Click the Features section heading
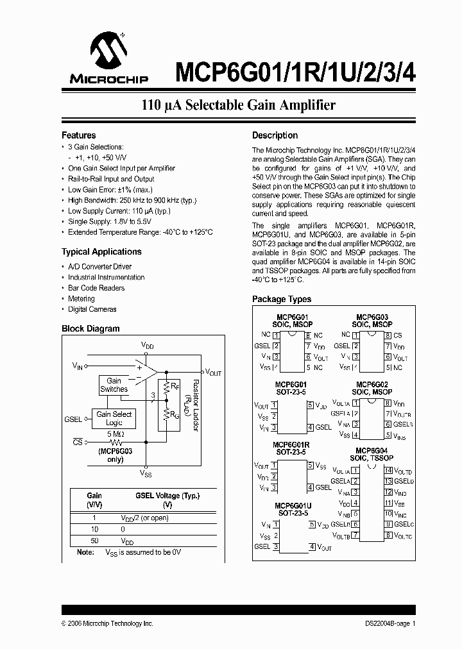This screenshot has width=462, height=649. (x=78, y=135)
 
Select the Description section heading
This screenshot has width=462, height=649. (x=275, y=135)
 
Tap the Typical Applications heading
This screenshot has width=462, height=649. (x=101, y=252)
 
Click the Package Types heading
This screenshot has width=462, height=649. (x=282, y=299)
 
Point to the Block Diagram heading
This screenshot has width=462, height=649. (x=90, y=329)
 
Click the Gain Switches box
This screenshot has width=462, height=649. (x=114, y=385)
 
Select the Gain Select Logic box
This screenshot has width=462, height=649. (x=114, y=418)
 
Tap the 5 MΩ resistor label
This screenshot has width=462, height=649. (x=116, y=434)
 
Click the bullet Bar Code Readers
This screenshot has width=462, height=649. (x=96, y=288)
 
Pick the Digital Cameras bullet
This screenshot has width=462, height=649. (x=92, y=309)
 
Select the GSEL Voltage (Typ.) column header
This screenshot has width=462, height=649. (x=167, y=496)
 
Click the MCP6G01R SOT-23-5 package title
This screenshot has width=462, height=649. (x=292, y=448)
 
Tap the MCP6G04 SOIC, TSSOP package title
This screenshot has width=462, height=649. (x=372, y=455)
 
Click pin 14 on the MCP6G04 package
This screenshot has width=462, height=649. (x=388, y=471)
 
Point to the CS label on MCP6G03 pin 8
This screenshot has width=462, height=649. (x=398, y=335)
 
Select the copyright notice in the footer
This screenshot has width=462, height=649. (x=107, y=623)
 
